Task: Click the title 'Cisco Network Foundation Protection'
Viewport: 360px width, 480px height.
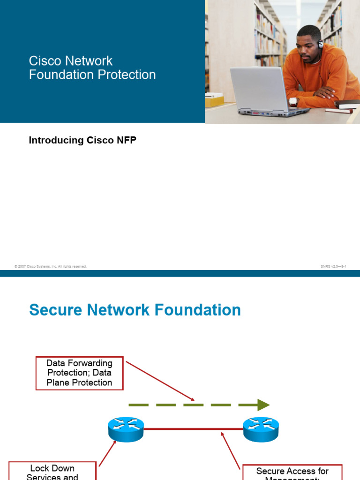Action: pyautogui.click(x=92, y=68)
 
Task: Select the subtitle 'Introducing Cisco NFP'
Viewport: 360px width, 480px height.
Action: pyautogui.click(x=82, y=140)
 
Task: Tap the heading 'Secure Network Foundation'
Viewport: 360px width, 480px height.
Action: pyautogui.click(x=135, y=310)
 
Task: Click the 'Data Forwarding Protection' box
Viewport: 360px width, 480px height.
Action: pyautogui.click(x=79, y=373)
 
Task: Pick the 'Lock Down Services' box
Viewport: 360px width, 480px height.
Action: pyautogui.click(x=52, y=471)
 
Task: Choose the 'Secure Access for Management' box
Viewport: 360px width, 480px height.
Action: pyautogui.click(x=292, y=472)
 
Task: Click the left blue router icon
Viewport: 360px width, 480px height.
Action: pyautogui.click(x=126, y=428)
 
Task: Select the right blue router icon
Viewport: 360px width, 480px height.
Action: pyautogui.click(x=261, y=428)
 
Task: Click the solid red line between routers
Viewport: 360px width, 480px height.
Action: pyautogui.click(x=192, y=428)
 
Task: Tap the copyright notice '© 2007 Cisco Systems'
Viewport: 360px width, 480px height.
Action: pyautogui.click(x=51, y=266)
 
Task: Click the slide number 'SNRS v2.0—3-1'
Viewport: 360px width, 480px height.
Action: pyautogui.click(x=333, y=266)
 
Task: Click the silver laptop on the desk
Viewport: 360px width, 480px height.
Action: pyautogui.click(x=262, y=91)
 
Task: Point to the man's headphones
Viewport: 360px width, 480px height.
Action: pyautogui.click(x=320, y=45)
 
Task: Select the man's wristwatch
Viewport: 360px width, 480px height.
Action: pyautogui.click(x=293, y=101)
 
